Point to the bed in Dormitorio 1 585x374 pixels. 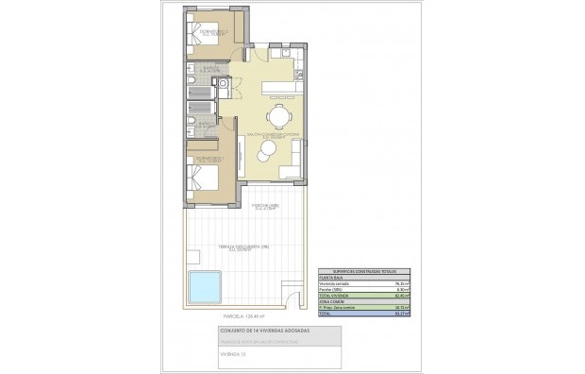207,178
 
